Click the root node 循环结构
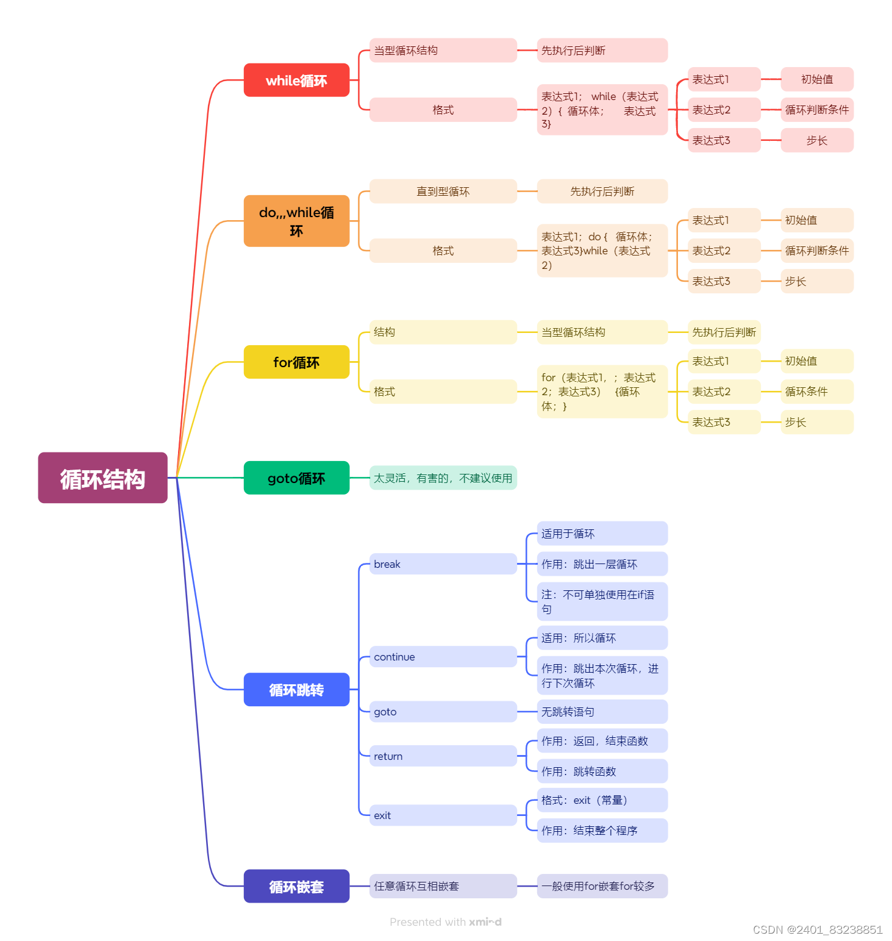pos(102,478)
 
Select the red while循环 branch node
pos(296,81)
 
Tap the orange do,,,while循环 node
pos(296,221)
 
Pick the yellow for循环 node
pos(296,362)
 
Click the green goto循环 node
pos(296,478)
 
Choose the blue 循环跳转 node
pos(296,690)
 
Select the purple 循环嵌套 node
pos(296,886)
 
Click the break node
pos(443,564)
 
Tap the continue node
pos(443,657)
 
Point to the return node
pos(443,756)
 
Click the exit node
pos(443,815)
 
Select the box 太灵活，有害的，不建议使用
pos(443,478)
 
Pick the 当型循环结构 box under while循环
pos(443,51)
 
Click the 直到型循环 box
pos(443,191)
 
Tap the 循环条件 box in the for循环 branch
pos(816,392)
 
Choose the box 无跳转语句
pos(602,712)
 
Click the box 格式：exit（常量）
pos(602,800)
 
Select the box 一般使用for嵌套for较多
pos(602,886)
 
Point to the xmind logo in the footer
pos(485,922)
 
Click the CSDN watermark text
pos(817,929)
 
